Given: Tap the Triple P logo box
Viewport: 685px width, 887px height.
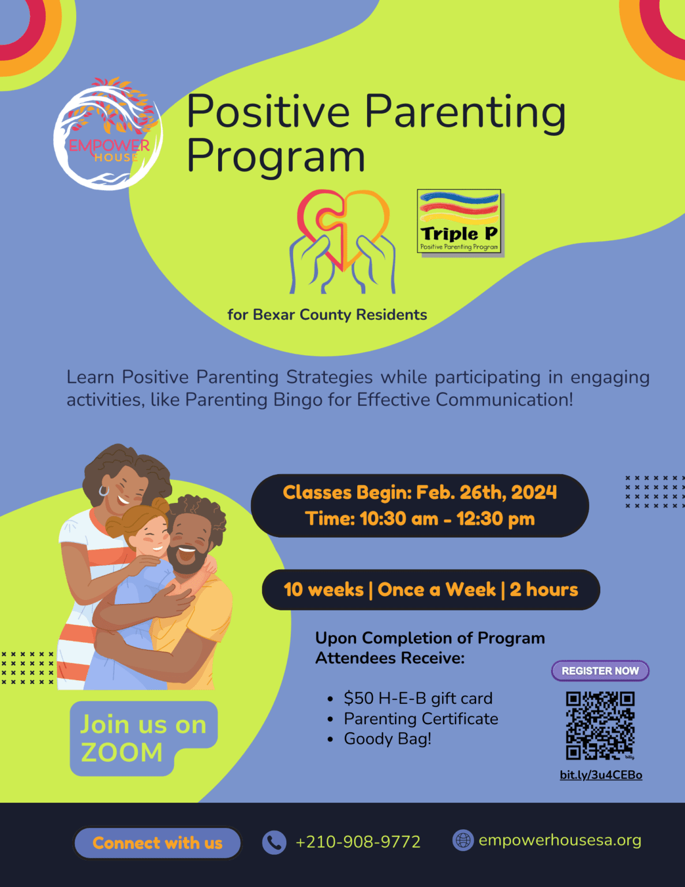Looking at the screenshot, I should click(459, 222).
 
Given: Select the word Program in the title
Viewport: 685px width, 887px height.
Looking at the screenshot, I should click(275, 156).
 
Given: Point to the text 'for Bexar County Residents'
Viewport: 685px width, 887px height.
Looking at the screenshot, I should click(327, 315).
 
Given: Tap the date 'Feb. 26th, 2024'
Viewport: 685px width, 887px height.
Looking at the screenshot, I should click(486, 492).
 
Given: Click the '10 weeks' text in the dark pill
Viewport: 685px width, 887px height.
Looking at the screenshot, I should click(323, 590).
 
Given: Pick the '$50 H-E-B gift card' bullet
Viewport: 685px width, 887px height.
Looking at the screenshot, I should click(418, 698).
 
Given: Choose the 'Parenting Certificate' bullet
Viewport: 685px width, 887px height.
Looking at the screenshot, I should click(421, 718).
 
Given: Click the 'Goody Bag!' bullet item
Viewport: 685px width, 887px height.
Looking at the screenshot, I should click(387, 739).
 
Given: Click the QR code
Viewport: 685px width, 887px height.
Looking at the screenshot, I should click(600, 725).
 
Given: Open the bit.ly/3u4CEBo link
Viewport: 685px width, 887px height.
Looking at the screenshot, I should click(601, 775).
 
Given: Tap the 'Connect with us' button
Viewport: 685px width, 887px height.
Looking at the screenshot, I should click(157, 843).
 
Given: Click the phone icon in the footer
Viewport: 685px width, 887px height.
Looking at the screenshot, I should click(274, 843).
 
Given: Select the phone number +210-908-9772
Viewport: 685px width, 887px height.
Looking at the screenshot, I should click(358, 842).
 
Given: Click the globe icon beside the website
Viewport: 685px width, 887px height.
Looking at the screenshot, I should click(463, 840).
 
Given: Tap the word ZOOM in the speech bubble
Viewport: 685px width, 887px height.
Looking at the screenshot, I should click(122, 752).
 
